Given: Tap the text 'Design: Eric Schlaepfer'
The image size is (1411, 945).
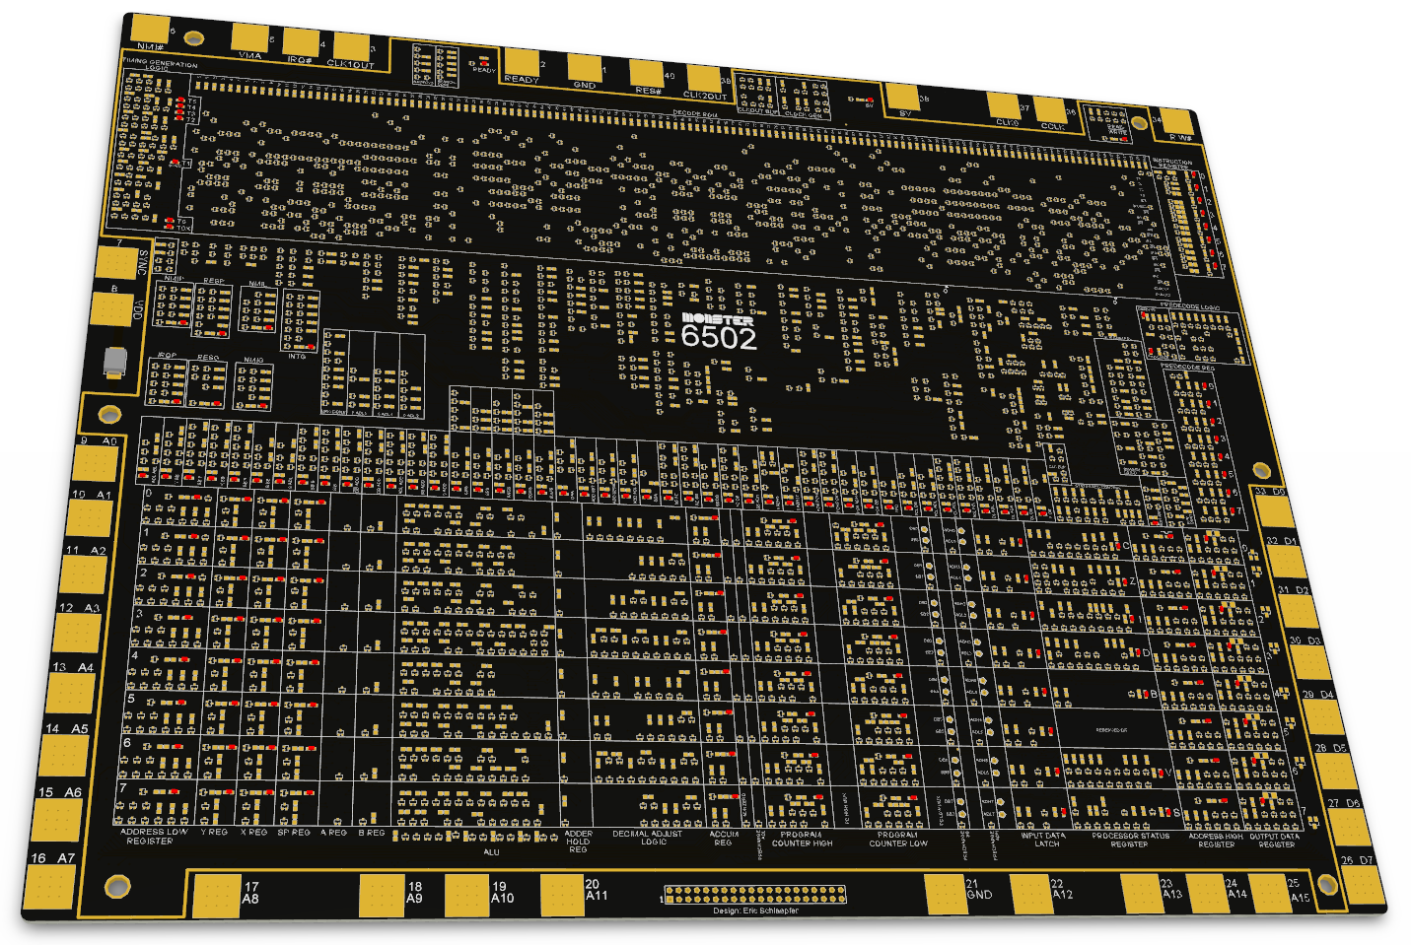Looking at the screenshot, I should pyautogui.click(x=755, y=911).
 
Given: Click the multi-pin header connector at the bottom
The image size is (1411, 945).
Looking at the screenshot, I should pyautogui.click(x=755, y=895).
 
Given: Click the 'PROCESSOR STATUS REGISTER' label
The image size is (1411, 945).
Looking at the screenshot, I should pyautogui.click(x=1129, y=840).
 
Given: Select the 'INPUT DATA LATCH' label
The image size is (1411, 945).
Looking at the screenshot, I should pyautogui.click(x=1043, y=840).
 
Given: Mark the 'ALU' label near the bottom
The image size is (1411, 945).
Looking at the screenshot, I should pyautogui.click(x=491, y=852).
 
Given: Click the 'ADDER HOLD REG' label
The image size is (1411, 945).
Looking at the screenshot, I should pyautogui.click(x=578, y=841).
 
